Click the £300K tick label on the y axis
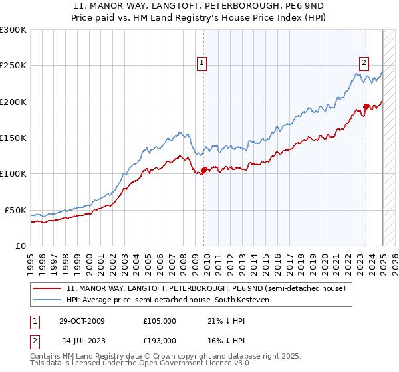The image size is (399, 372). pyautogui.click(x=13, y=30)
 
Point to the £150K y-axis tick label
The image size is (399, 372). pyautogui.click(x=13, y=138)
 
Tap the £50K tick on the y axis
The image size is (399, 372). pyautogui.click(x=15, y=210)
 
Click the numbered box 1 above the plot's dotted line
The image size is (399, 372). pyautogui.click(x=201, y=64)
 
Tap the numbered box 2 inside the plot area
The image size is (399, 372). pyautogui.click(x=364, y=64)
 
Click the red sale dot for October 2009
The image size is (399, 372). pyautogui.click(x=204, y=170)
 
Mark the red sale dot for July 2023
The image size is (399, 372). pyautogui.click(x=366, y=106)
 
